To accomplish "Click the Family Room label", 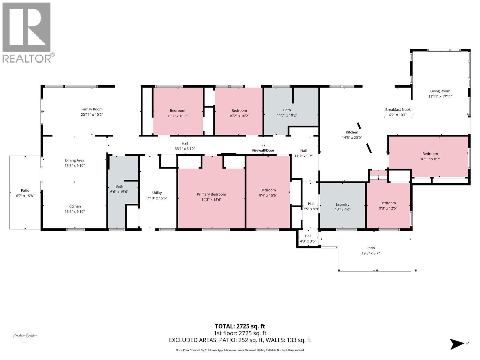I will click(92, 109).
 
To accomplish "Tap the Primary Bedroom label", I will click(211, 194).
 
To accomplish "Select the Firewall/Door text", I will click(263, 150).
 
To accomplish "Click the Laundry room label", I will click(342, 204).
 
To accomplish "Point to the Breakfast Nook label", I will click(398, 109).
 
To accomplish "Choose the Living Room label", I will click(440, 91).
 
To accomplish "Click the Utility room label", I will click(157, 193).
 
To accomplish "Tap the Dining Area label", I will click(75, 160).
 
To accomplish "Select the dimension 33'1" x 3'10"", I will click(185, 148).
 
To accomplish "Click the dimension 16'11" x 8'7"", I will click(430, 159).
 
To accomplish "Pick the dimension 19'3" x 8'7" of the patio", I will click(370, 253).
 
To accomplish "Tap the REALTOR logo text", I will click(27, 58).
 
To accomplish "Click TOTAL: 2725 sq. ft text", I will click(240, 326).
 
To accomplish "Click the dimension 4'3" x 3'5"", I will click(308, 241).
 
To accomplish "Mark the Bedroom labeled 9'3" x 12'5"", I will click(388, 203).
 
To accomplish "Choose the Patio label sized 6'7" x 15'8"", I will click(25, 190).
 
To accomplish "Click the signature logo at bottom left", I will click(25, 336).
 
